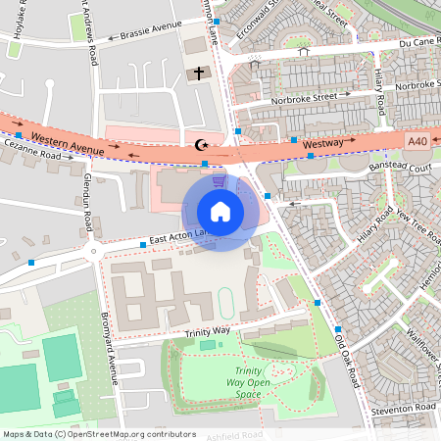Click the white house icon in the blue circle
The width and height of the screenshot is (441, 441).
220,212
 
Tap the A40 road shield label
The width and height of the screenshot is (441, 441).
417,142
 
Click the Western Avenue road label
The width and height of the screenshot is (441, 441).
67,140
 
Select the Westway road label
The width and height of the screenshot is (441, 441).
322,144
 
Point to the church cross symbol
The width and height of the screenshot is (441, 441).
199,73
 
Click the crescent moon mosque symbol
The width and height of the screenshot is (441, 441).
203,145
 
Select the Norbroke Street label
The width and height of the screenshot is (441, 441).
311,97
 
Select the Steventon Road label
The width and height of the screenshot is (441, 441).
403,407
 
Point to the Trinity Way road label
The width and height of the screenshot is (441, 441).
207,331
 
